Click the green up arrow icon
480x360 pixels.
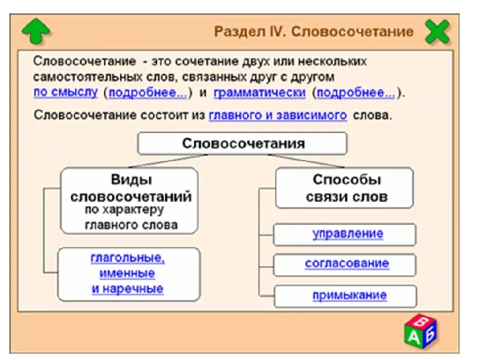click(36, 31)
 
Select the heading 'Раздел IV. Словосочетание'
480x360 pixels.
click(313, 32)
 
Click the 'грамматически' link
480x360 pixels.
click(259, 92)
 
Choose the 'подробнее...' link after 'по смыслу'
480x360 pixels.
click(147, 92)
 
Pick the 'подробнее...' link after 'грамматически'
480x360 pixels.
click(355, 92)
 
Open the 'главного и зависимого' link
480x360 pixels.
click(277, 115)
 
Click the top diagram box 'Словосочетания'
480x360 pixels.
click(242, 143)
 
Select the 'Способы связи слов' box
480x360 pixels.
click(344, 188)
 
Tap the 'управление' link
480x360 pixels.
click(348, 233)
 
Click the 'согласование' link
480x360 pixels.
click(346, 263)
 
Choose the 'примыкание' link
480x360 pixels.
click(349, 295)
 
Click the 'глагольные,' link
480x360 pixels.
click(127, 258)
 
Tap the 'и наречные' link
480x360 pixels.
click(127, 288)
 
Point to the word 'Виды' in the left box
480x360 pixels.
click(131, 180)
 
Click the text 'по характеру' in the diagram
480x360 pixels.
click(124, 209)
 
